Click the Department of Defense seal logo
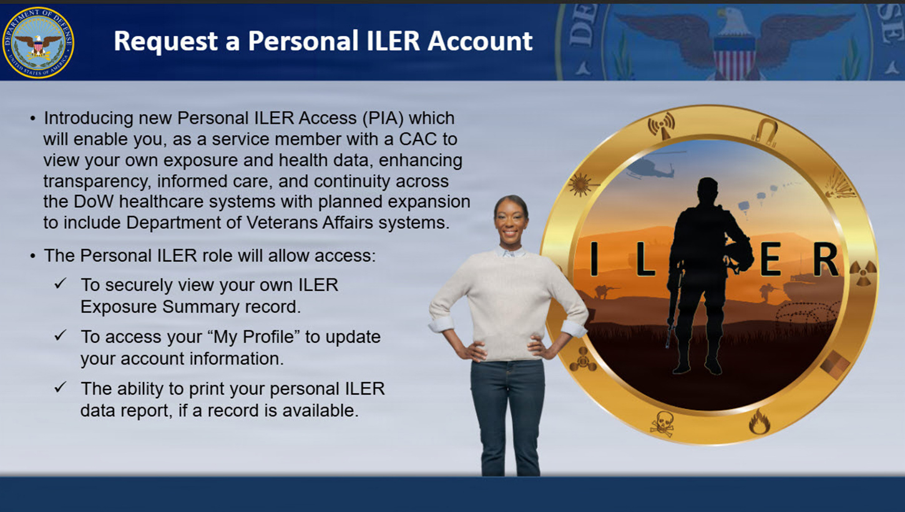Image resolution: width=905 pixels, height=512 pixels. point(38,42)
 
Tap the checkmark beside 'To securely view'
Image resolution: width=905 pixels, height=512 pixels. point(61,283)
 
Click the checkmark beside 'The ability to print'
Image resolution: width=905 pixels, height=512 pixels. point(61,387)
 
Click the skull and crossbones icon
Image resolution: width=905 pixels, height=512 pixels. point(662,423)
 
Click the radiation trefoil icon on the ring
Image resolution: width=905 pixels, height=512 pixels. point(863,273)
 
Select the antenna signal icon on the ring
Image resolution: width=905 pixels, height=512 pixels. point(662,126)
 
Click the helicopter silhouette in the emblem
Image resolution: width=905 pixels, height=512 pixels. point(649,167)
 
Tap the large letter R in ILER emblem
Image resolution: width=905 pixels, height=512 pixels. point(825,260)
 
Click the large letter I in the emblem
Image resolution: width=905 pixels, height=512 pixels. point(594,260)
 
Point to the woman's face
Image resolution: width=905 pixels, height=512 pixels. point(511,220)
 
